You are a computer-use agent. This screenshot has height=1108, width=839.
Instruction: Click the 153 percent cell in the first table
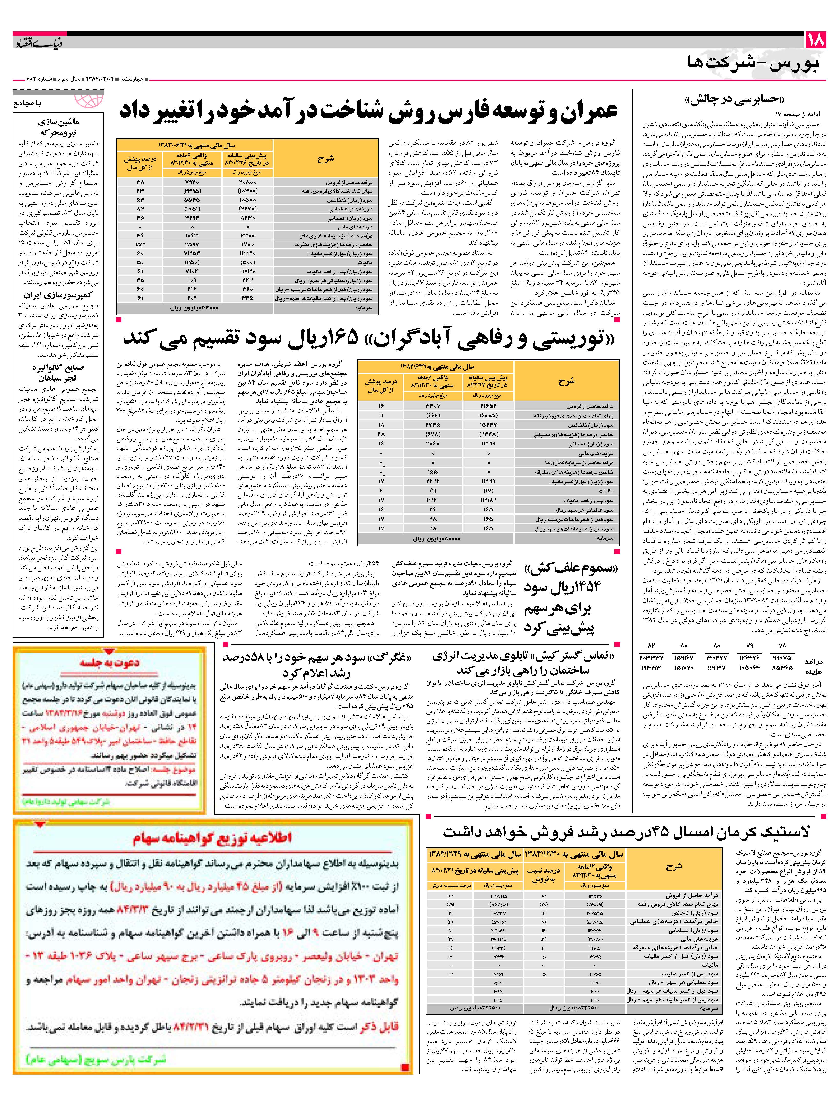point(140,244)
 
